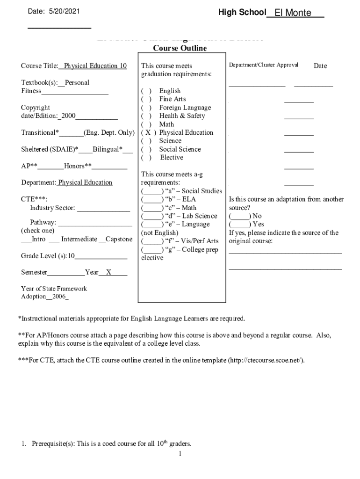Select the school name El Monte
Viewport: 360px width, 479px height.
pos(293,13)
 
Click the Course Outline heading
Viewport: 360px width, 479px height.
pos(180,49)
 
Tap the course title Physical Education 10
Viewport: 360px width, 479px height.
pos(95,66)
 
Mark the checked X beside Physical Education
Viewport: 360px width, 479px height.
pos(148,133)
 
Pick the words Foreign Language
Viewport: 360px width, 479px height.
pos(185,108)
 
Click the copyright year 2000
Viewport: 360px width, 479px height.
pos(68,116)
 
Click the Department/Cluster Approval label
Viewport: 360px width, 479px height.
pos(263,65)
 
